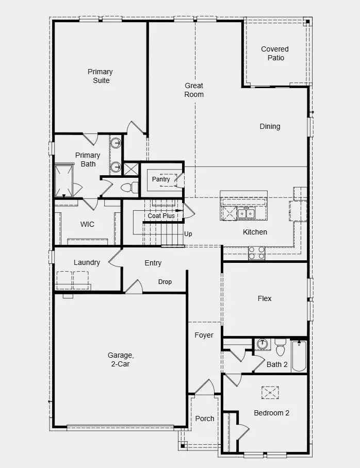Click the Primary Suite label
point(100,76)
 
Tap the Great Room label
point(194,90)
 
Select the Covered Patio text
point(275,54)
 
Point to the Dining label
point(270,126)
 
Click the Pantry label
point(161,179)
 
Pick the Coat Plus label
point(161,216)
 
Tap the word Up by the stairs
point(188,234)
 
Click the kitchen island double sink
point(246,213)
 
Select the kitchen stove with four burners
point(257,253)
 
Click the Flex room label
point(265,298)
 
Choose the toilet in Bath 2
point(281,348)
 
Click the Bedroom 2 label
point(271,413)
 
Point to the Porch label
point(205,419)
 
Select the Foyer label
point(204,335)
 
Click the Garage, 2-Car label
point(121,359)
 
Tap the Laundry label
point(87,262)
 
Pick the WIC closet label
point(87,225)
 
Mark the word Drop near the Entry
point(165,282)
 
